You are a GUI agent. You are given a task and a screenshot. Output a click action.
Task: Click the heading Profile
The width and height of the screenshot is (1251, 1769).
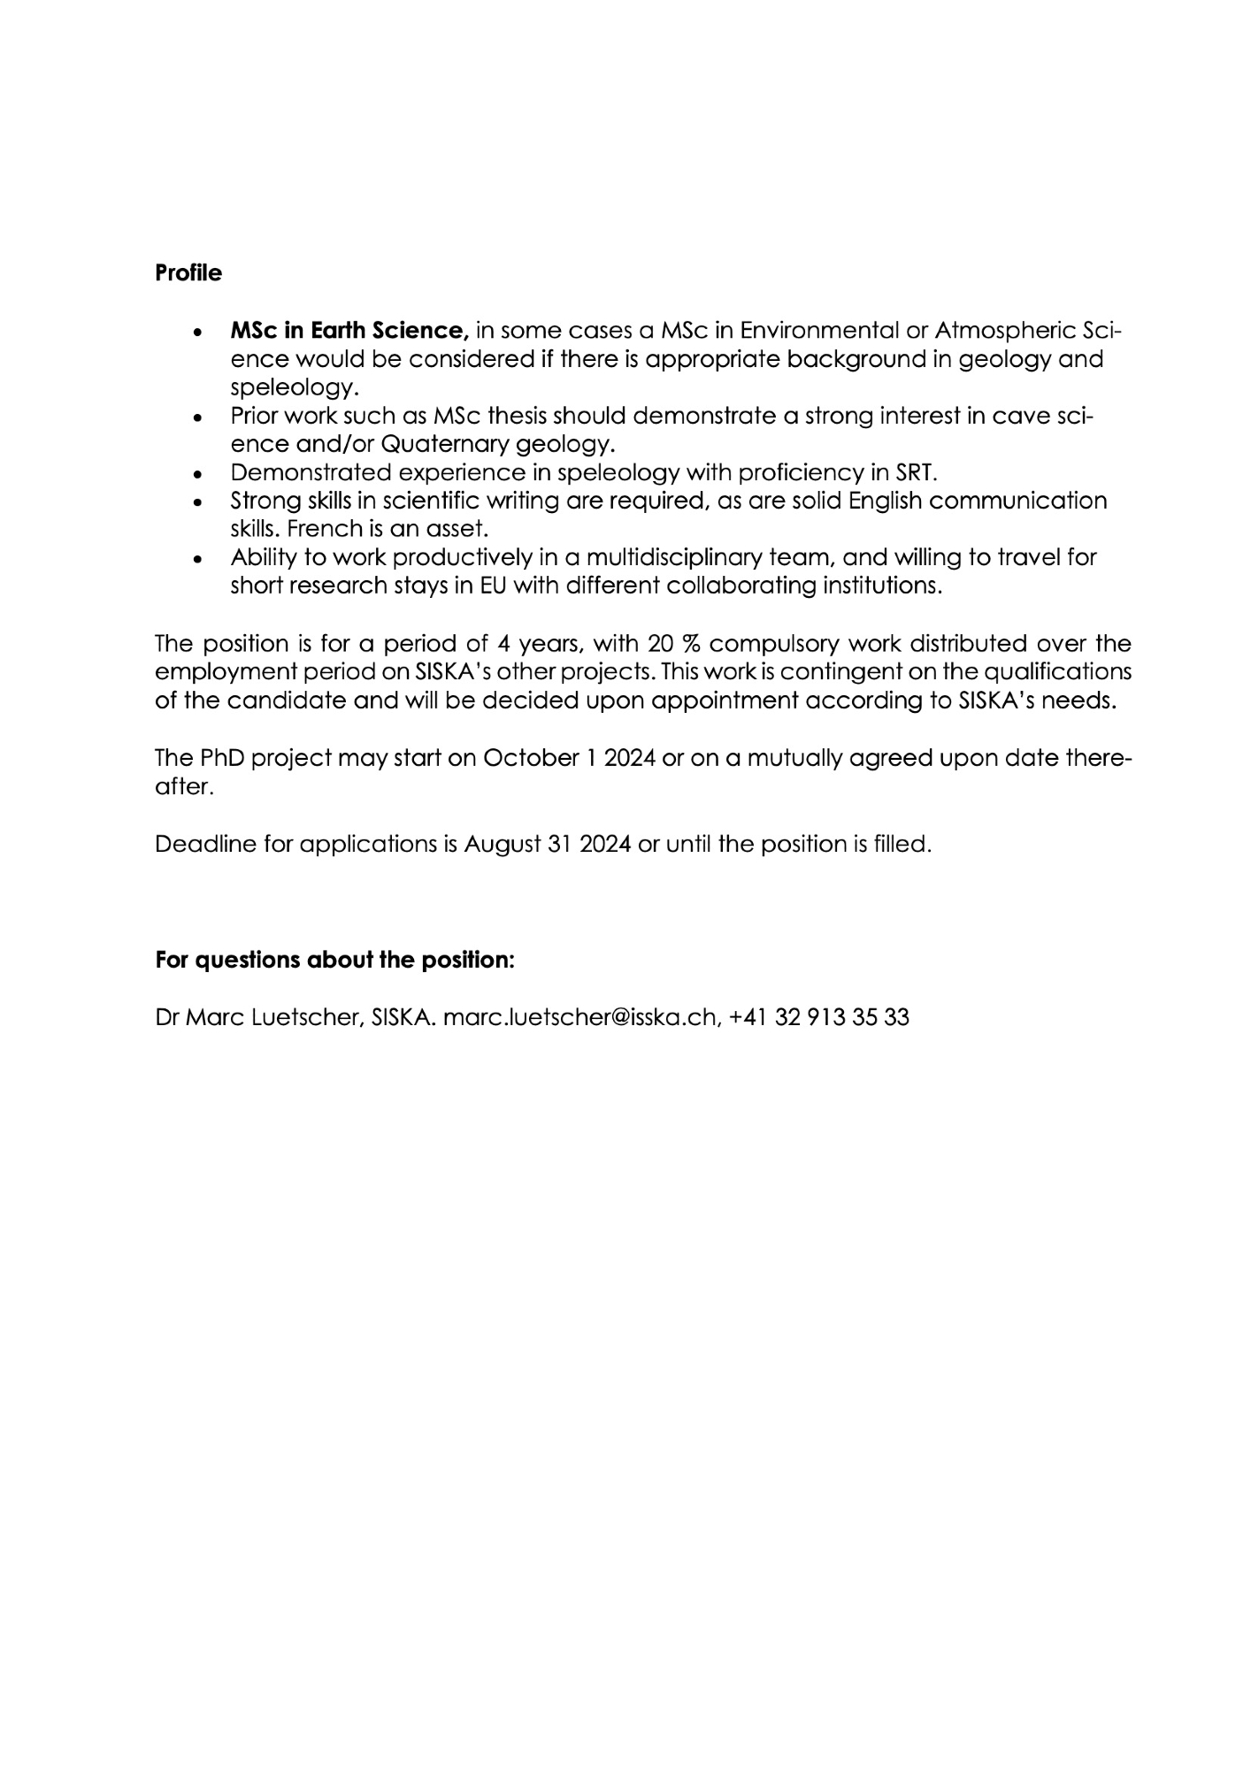coord(188,273)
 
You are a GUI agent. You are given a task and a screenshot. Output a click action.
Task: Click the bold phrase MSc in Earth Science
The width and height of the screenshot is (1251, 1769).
coord(349,331)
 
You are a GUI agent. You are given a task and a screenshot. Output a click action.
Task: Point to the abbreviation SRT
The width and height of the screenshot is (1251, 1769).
coord(915,471)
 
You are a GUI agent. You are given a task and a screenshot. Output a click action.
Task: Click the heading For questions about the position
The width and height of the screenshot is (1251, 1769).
coord(334,960)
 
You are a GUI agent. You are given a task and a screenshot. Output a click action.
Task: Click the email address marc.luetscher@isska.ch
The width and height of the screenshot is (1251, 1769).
coord(579,1017)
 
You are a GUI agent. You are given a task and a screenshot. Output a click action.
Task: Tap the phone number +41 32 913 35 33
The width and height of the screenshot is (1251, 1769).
coord(820,1017)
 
